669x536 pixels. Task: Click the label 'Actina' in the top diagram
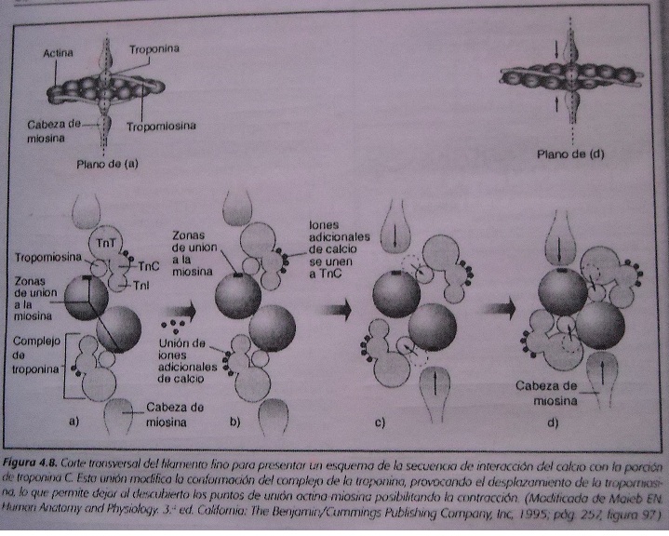click(x=60, y=54)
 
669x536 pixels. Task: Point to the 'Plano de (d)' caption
click(x=571, y=154)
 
